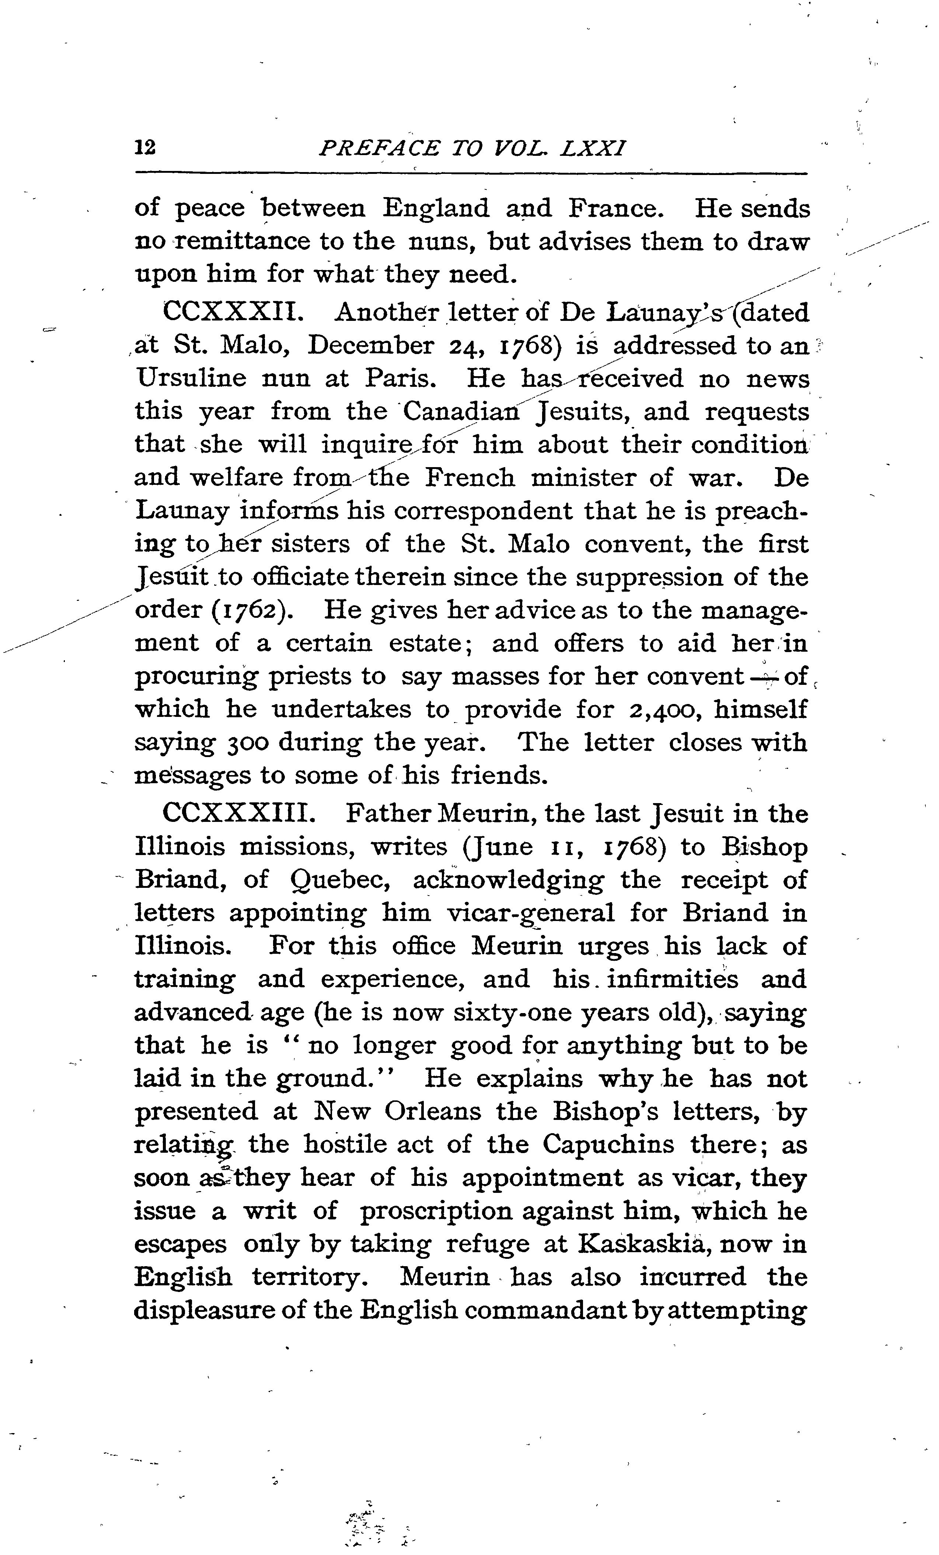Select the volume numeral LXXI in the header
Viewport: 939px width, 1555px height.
pyautogui.click(x=593, y=149)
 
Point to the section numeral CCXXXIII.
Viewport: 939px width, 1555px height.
pyautogui.click(x=238, y=813)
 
